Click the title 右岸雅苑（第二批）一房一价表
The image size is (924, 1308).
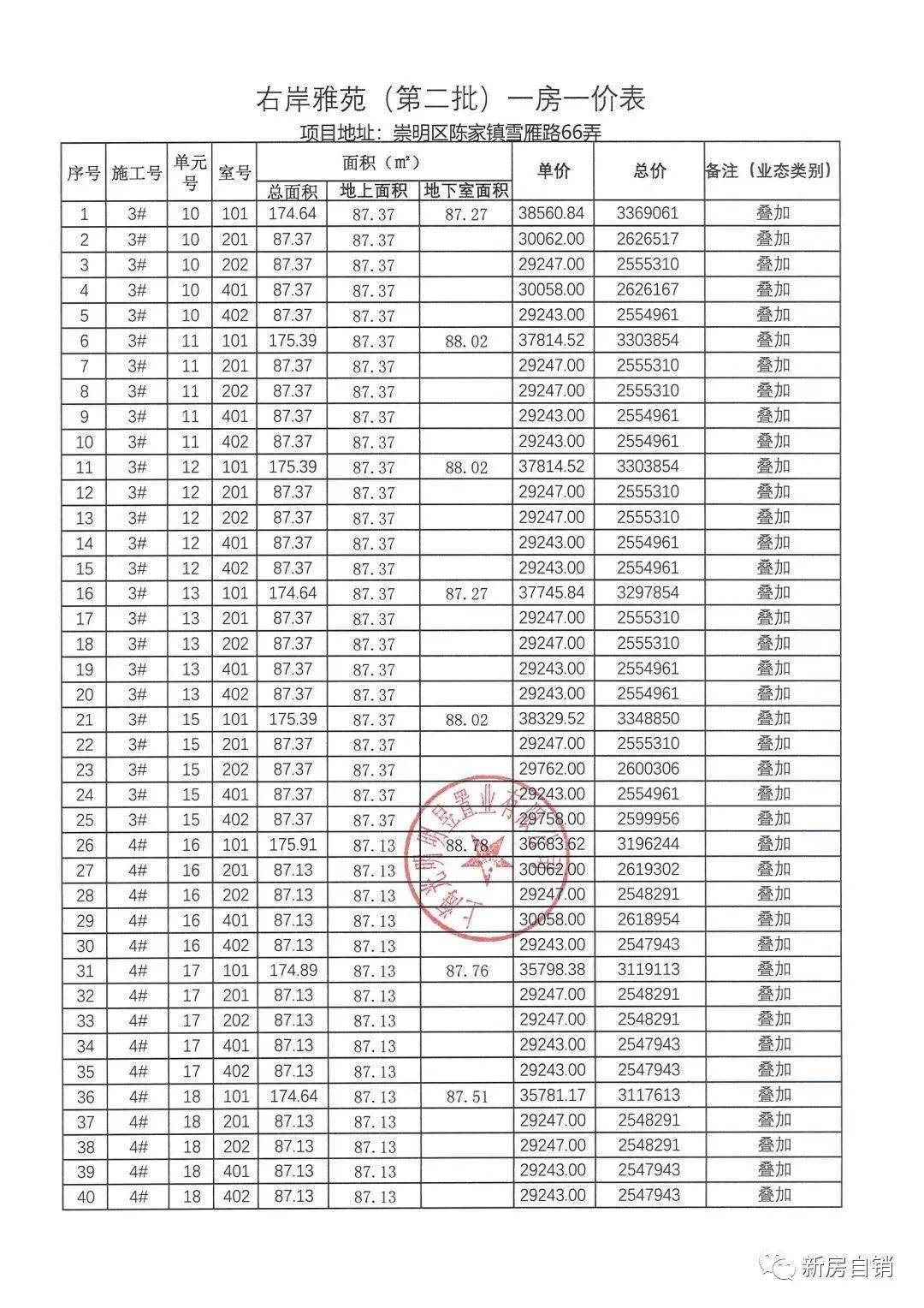click(451, 99)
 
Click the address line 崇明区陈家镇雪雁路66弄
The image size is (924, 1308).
click(451, 133)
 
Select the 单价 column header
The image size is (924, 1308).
click(554, 170)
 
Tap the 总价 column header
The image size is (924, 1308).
click(649, 170)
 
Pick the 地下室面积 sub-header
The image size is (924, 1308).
click(466, 191)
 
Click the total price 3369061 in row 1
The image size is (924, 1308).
click(648, 213)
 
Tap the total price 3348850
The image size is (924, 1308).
click(648, 718)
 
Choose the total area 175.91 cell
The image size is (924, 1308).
click(293, 844)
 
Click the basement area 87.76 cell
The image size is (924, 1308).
click(466, 971)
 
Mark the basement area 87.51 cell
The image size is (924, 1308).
click(466, 1097)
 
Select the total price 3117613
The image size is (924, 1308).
click(648, 1095)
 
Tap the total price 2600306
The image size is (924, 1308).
click(648, 769)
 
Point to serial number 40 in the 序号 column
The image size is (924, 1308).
click(86, 1197)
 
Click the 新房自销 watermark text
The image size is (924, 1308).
click(847, 1265)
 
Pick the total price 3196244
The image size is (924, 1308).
click(648, 844)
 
